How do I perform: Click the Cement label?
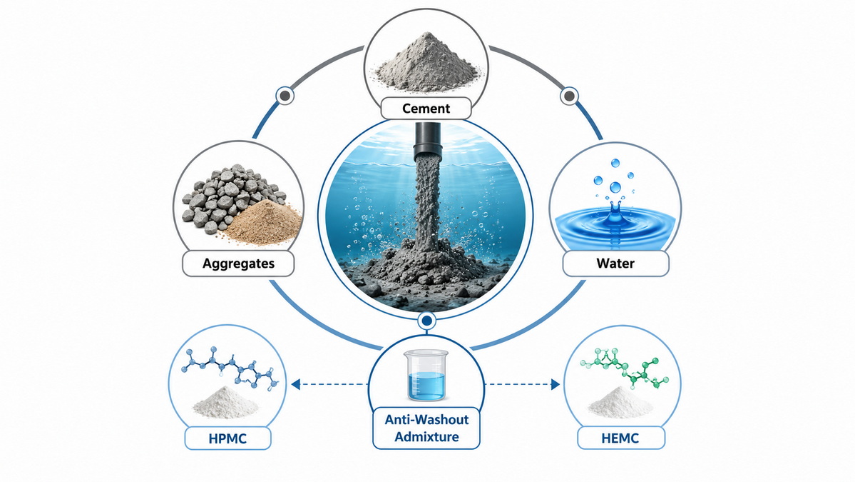[x=426, y=108]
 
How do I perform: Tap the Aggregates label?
[x=238, y=263]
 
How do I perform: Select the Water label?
[x=615, y=263]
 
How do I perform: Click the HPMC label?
[x=227, y=438]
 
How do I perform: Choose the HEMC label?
[x=620, y=438]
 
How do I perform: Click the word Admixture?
[x=427, y=437]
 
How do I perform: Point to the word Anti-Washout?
[x=427, y=419]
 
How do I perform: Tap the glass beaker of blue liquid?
[x=426, y=376]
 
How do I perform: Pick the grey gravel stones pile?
[x=229, y=196]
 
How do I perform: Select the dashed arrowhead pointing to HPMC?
[x=295, y=384]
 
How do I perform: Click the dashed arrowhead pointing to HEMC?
[x=556, y=384]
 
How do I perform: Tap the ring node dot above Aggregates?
[x=285, y=96]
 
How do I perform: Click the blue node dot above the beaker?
[x=426, y=321]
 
